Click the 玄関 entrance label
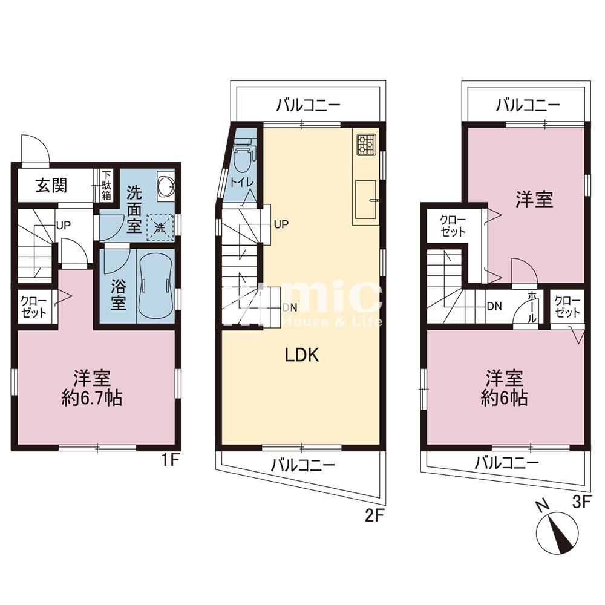point(51,185)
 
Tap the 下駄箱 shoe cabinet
point(106,185)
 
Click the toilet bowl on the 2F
point(243,160)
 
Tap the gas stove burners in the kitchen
point(366,145)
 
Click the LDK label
point(302,355)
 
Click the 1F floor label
point(169,460)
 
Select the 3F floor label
point(581,502)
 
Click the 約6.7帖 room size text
point(92,398)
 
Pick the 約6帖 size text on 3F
point(504,398)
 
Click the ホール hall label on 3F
point(532,307)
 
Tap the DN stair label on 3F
point(494,306)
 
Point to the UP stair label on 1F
point(64,225)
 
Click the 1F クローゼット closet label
point(34,307)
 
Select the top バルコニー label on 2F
point(308,105)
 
